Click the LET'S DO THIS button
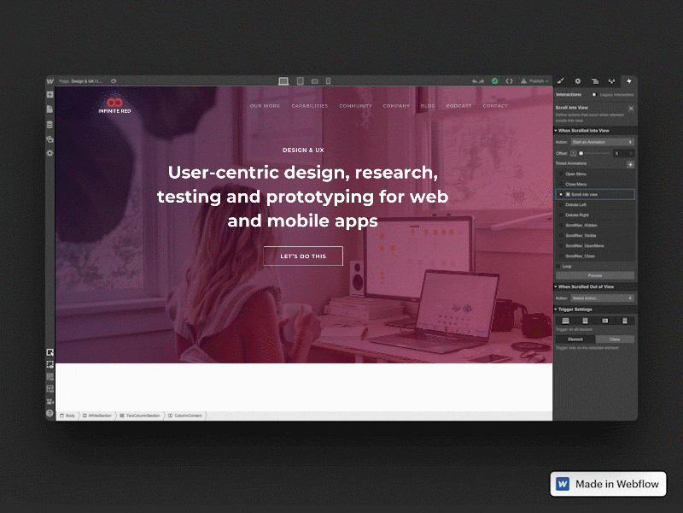(303, 256)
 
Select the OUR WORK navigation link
(265, 106)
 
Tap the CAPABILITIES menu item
(309, 106)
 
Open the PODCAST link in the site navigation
(458, 106)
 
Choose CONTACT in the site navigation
(495, 106)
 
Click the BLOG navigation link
(428, 106)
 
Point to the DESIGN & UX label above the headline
(303, 150)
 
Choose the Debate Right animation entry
(578, 215)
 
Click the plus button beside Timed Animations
(631, 163)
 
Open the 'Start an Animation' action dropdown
(602, 142)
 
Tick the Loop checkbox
(559, 266)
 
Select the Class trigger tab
(615, 339)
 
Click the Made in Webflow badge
(608, 484)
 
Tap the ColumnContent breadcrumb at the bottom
(187, 416)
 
